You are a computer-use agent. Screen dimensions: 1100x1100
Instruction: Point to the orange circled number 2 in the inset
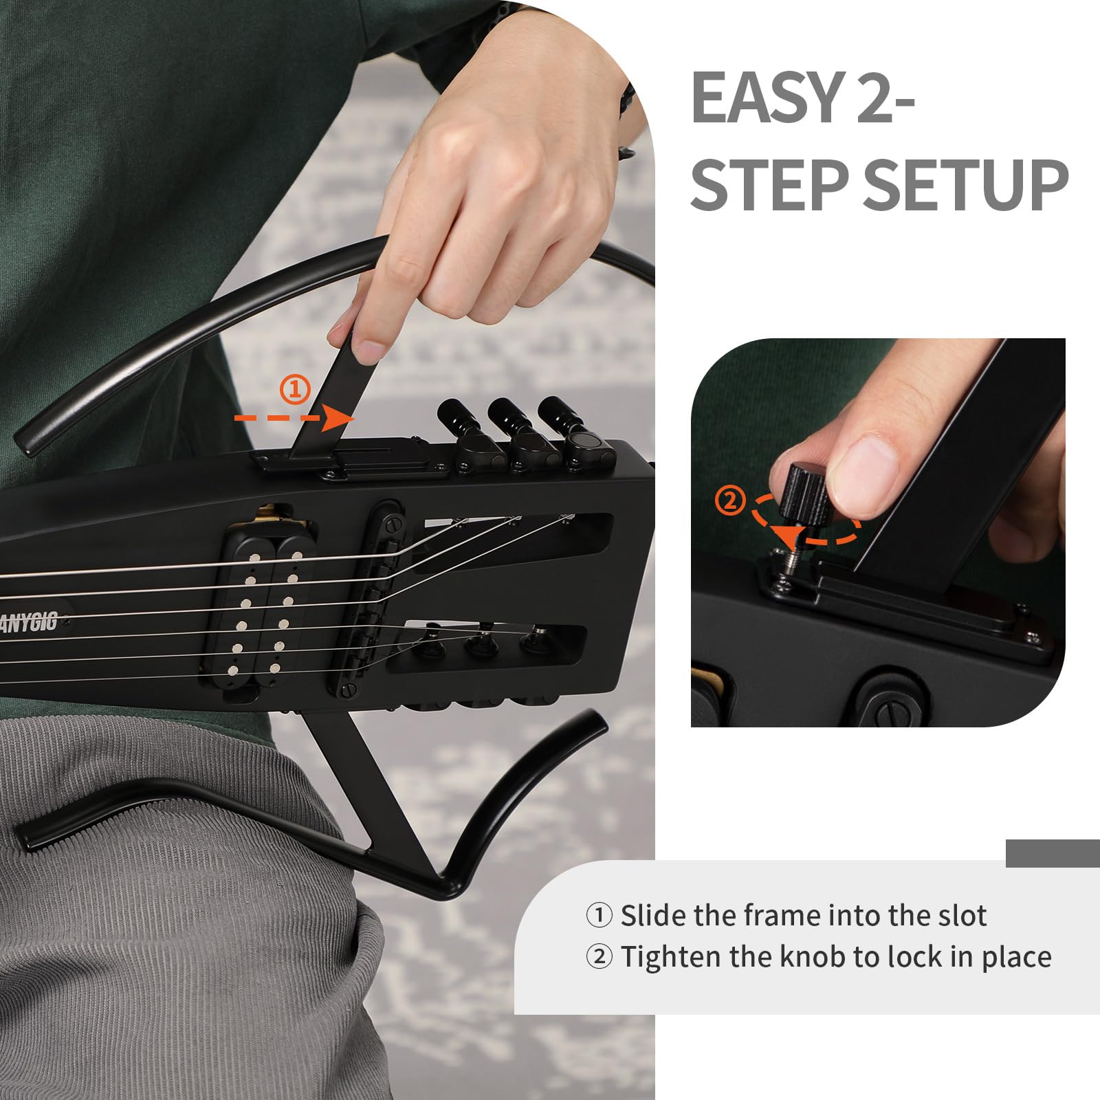click(730, 500)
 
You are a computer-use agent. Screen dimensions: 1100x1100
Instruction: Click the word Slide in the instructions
click(653, 916)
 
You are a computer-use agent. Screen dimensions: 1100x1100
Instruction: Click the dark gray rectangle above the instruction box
click(1052, 852)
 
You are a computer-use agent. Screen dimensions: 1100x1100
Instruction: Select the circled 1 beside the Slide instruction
click(599, 916)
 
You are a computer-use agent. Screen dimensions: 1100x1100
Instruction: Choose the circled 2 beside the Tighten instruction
click(599, 957)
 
